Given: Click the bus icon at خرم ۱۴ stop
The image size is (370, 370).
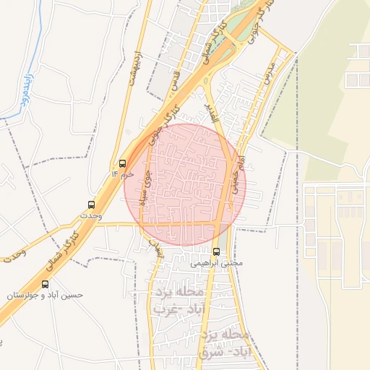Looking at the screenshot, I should tap(122, 164).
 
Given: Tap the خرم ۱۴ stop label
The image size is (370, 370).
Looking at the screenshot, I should tap(122, 175).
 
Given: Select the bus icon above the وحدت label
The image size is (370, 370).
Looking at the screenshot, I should tap(91, 205).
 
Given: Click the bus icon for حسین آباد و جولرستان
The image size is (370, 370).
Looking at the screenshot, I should tap(46, 284).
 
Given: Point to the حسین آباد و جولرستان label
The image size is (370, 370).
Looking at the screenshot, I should tap(46, 296).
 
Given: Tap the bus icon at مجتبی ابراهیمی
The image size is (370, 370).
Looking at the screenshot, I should tap(217, 251).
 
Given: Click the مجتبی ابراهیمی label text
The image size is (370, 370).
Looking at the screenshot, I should tap(217, 263).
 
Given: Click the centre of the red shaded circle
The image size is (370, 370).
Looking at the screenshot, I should tap(185, 184).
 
